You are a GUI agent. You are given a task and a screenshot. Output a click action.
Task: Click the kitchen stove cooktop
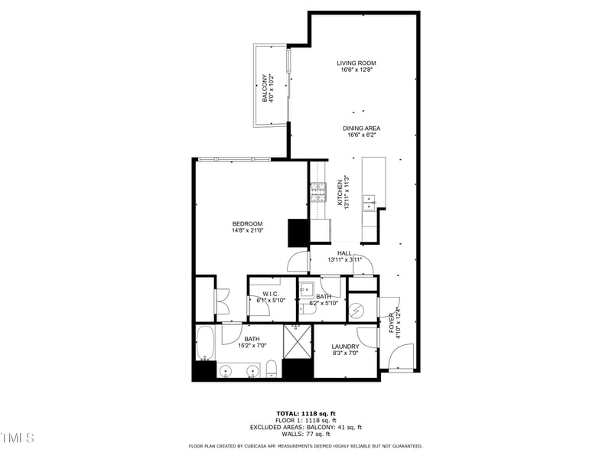pos(317,191)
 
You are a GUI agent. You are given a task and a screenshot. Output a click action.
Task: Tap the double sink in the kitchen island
pos(369,202)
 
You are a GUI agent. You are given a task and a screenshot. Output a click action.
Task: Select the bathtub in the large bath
pos(205,343)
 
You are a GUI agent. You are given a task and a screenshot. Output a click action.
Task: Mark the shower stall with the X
pos(297,340)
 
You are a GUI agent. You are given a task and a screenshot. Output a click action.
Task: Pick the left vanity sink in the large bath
pos(225,372)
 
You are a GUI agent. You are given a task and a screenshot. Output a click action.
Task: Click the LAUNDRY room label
pos(345,347)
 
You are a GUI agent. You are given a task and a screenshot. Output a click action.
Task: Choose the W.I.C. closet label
pos(269,295)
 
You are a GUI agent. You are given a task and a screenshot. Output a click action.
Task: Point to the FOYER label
pos(391,322)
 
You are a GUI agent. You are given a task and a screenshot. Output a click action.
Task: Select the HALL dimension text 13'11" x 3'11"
pos(344,260)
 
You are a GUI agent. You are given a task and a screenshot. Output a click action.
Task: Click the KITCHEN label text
pos(340,192)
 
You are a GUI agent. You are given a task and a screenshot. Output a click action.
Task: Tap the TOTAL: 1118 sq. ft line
pos(305,413)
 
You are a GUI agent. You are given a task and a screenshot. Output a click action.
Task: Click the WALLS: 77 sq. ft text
pos(305,434)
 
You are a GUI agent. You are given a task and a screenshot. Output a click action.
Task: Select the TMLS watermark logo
pos(18,438)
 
